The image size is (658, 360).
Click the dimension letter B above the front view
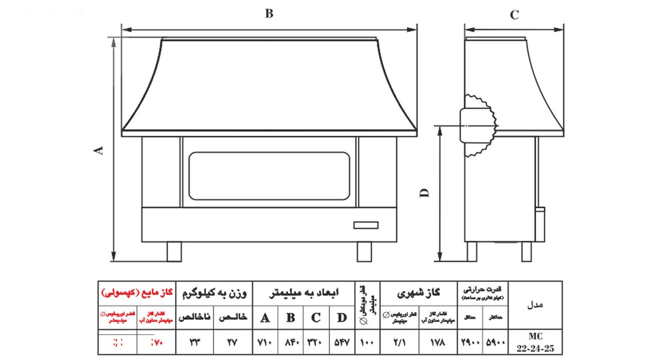[x=269, y=14]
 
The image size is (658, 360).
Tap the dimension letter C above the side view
[x=514, y=15]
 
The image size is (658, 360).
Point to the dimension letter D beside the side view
[x=425, y=193]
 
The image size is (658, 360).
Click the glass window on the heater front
[x=269, y=176]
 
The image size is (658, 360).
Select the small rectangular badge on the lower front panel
[x=365, y=225]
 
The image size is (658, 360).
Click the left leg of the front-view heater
[x=174, y=251]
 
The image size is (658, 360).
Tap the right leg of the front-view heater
[x=364, y=251]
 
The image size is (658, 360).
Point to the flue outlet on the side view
[x=478, y=125]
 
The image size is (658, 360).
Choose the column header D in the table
[x=341, y=318]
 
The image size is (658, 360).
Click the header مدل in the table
[x=536, y=304]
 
